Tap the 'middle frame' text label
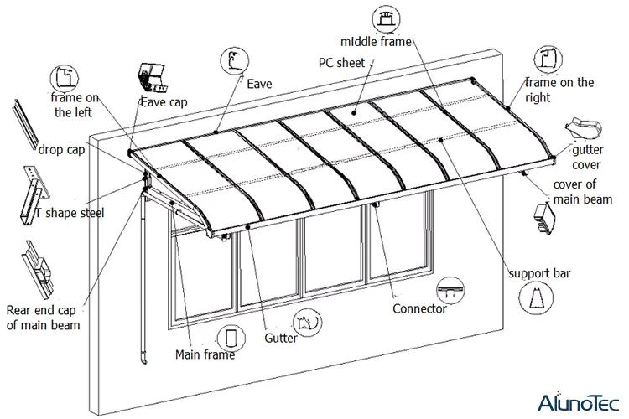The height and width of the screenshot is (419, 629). (377, 41)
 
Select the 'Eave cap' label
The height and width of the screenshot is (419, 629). (163, 102)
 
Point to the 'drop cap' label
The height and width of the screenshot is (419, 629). (62, 150)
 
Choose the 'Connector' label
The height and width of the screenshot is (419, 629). (419, 308)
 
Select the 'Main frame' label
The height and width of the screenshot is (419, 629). (205, 354)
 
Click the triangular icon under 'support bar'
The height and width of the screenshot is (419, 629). (537, 299)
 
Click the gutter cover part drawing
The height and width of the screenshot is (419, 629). (585, 128)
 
